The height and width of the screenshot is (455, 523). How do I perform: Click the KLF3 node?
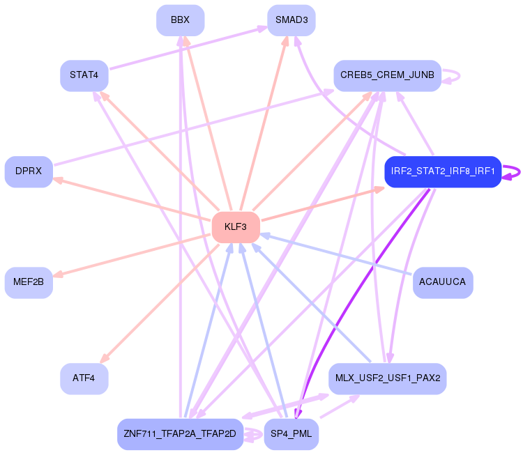(x=236, y=227)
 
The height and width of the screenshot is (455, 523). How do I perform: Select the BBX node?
(x=180, y=20)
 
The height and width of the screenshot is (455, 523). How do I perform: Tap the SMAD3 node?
(x=291, y=20)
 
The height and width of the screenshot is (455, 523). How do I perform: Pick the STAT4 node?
(x=84, y=75)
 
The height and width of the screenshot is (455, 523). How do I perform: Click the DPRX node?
(x=29, y=171)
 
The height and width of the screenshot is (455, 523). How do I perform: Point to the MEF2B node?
(x=29, y=282)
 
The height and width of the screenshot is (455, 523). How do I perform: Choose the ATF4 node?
(x=84, y=378)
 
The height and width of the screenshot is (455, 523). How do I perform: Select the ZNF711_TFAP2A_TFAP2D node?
(x=180, y=434)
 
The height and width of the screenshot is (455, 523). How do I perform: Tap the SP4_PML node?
(x=291, y=434)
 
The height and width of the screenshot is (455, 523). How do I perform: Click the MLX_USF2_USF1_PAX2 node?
(x=387, y=378)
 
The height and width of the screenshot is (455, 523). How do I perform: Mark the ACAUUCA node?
(x=443, y=282)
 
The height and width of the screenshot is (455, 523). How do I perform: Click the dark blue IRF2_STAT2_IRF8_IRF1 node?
(x=443, y=171)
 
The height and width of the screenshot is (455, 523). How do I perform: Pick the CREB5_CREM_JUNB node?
(x=387, y=75)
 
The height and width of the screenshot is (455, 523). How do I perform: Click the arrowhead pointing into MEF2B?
(x=56, y=275)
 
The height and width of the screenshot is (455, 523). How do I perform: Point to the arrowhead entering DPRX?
(x=56, y=179)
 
